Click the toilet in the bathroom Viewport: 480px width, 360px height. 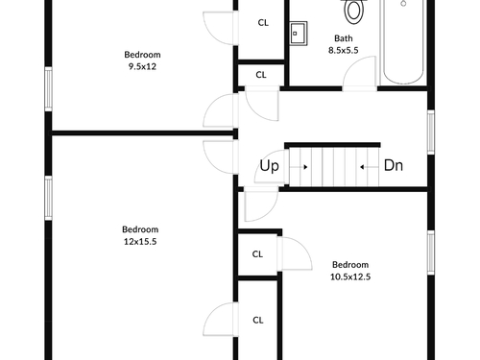click(353, 12)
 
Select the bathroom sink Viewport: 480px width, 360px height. click(299, 34)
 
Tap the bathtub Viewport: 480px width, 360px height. click(403, 41)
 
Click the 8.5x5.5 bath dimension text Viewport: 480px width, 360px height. click(344, 50)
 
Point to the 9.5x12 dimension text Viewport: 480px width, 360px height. click(142, 66)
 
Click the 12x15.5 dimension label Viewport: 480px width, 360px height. click(140, 242)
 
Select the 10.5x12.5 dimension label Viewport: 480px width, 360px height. click(350, 276)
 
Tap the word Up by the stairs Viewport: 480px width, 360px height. click(269, 166)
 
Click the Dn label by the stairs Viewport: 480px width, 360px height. click(394, 165)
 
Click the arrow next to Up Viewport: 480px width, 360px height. click(299, 167)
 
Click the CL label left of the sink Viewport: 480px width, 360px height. click(263, 23)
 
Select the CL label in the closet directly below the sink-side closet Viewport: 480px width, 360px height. click(261, 75)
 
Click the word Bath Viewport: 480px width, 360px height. click(344, 38)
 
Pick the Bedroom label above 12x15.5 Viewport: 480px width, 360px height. click(140, 229)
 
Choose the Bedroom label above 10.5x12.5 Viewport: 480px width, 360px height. click(350, 265)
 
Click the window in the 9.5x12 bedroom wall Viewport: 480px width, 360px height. click(48, 89)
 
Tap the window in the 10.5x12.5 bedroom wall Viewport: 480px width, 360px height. click(431, 252)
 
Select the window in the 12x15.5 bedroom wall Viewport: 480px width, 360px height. click(48, 198)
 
